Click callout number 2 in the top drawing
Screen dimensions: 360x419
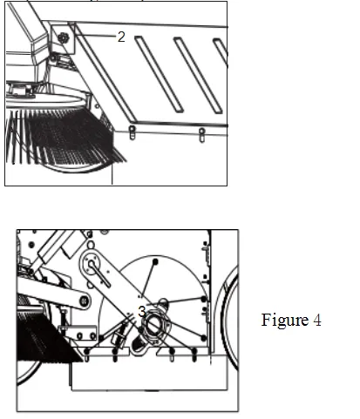point(121,37)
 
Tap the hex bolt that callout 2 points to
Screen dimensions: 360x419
point(62,37)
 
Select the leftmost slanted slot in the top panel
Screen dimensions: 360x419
point(159,74)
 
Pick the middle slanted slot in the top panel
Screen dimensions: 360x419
point(198,75)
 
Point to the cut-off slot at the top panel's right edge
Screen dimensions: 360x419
point(221,51)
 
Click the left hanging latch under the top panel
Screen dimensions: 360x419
point(132,132)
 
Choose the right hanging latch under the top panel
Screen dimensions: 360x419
point(201,135)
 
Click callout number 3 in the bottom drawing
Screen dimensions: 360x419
point(141,312)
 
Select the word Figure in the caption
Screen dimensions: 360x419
point(285,321)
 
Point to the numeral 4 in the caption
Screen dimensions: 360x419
point(317,320)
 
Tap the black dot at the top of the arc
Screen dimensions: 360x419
point(155,262)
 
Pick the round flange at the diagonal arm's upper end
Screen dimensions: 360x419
point(92,264)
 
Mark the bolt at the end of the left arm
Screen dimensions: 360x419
point(85,301)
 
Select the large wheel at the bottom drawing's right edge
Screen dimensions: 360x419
point(230,316)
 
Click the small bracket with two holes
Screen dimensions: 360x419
point(78,333)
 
